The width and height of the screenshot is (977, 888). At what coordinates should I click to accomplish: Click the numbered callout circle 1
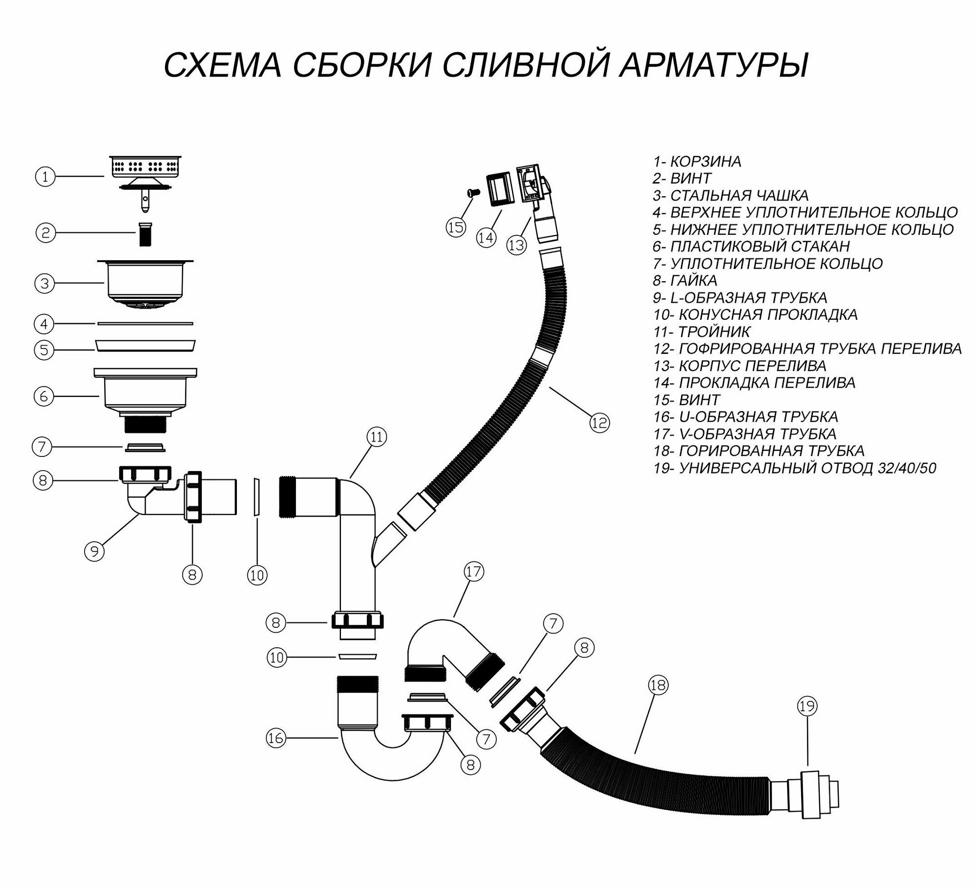pos(45,177)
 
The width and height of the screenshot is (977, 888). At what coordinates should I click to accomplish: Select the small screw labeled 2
pos(144,234)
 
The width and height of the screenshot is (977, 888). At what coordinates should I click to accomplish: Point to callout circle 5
pos(44,350)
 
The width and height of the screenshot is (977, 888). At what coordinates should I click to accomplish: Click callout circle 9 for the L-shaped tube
pos(94,551)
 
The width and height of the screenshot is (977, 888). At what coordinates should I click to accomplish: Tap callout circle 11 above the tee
pos(376,436)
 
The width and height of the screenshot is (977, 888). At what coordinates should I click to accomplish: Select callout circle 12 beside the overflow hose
pos(599,422)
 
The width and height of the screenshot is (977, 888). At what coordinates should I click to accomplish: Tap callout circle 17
pos(473,572)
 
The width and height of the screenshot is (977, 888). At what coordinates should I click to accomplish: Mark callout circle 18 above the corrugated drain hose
pos(658,685)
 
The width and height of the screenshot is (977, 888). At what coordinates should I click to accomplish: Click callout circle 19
pos(807,706)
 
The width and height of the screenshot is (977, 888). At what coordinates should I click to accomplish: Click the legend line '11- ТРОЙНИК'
pos(701,332)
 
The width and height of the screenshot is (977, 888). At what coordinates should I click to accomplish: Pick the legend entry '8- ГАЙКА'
pos(685,281)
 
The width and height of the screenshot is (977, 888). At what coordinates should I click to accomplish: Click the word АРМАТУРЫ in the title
pos(713,65)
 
